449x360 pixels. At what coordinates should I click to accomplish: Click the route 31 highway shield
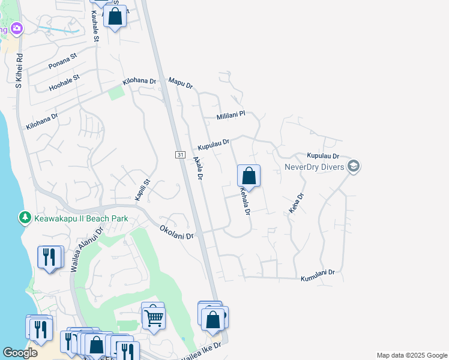click(x=180, y=155)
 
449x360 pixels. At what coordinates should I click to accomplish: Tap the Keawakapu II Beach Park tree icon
click(x=25, y=217)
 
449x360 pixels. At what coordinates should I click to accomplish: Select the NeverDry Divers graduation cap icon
click(x=354, y=166)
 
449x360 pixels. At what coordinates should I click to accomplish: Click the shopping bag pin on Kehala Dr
click(x=249, y=176)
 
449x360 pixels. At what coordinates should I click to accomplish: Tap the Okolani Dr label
click(x=177, y=232)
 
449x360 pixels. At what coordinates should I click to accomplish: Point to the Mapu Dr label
click(x=180, y=83)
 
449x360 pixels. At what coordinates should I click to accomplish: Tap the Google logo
click(x=20, y=353)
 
